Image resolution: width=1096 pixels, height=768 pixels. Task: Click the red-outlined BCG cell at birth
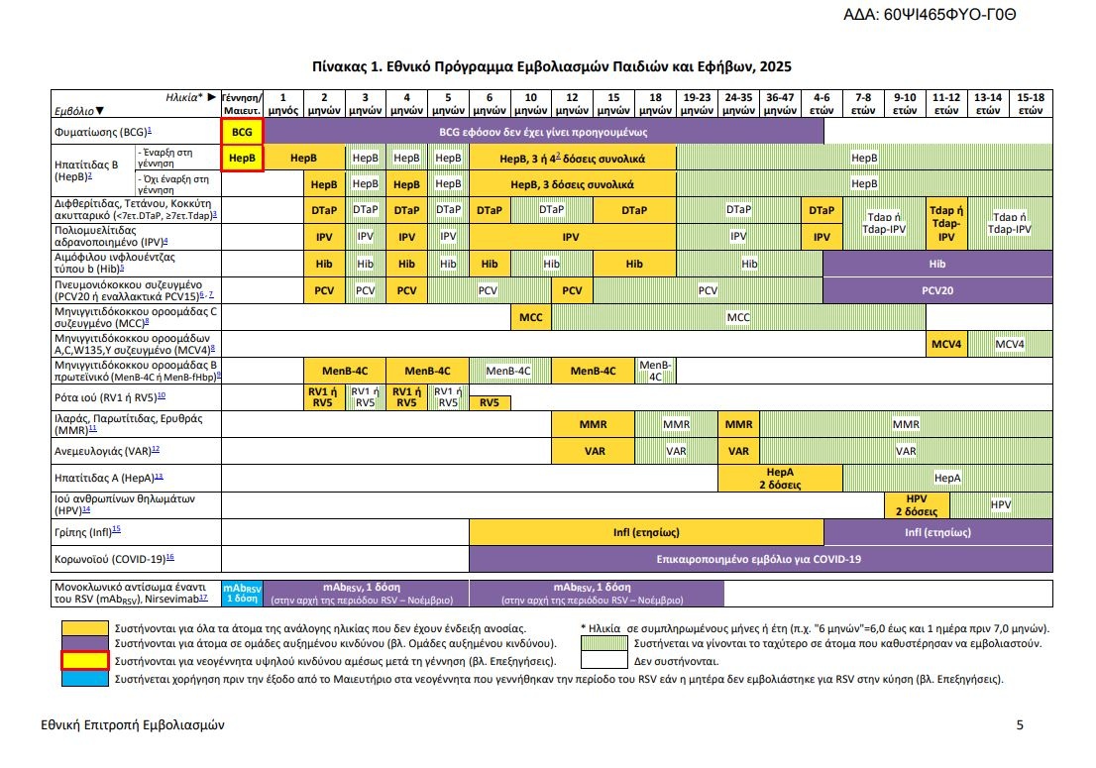243,131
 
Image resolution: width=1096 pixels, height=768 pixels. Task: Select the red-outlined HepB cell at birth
243,158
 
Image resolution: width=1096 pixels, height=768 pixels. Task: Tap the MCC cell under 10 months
531,316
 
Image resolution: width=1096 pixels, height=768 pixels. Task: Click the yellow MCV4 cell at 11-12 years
946,344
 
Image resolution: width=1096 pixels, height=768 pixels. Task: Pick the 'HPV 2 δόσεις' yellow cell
917,504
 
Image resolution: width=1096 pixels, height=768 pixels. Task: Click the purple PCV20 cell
937,290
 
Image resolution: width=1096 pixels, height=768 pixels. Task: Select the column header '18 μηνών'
655,104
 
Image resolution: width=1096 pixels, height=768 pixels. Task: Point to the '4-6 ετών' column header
822,104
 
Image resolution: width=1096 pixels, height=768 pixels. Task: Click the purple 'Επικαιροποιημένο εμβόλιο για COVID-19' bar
760,559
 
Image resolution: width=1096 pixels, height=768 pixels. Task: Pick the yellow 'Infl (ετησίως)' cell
645,532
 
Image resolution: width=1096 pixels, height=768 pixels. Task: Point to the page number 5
1020,725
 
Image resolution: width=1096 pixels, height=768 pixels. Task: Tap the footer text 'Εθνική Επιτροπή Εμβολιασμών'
133,725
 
